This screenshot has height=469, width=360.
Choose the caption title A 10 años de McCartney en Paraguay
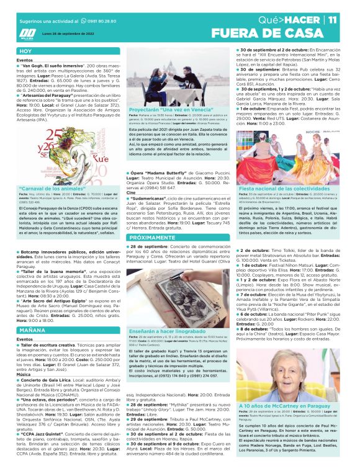click(x=284, y=422)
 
